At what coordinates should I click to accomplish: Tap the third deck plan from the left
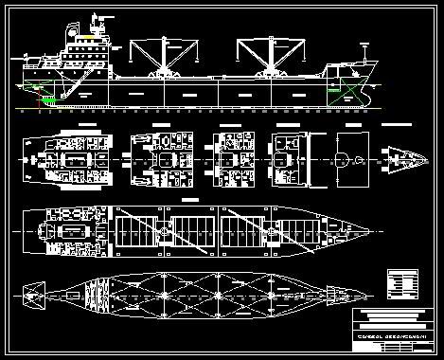point(230,154)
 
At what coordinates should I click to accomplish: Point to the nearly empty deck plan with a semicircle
point(348,154)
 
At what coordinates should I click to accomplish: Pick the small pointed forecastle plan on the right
point(402,154)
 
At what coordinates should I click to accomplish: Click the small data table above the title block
point(401,282)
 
